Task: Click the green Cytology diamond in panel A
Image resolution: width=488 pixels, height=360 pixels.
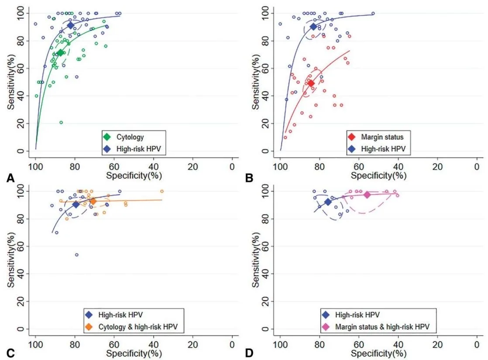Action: [x=60, y=53]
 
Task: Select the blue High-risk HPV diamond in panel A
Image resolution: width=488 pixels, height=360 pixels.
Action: [x=71, y=26]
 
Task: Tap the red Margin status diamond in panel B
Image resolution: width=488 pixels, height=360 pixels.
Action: [x=311, y=83]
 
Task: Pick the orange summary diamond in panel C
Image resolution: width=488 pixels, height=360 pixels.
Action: [x=93, y=201]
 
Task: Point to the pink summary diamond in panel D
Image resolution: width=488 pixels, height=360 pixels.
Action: [x=367, y=195]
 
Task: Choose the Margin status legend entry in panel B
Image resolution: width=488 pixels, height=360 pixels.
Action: [x=375, y=137]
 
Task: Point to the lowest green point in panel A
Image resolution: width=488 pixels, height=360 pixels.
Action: [x=61, y=123]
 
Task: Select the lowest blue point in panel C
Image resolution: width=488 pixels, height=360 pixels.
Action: [x=76, y=255]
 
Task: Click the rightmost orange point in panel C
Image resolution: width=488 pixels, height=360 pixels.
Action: [x=162, y=191]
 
